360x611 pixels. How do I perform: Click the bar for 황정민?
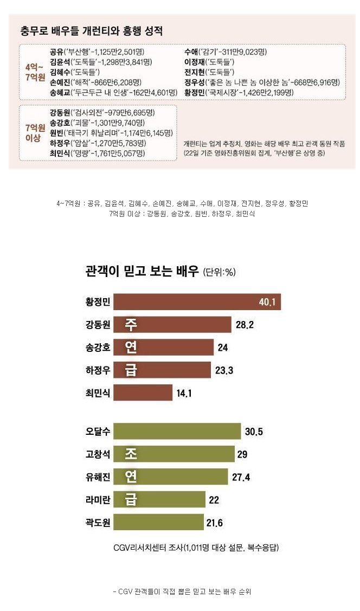coord(197,302)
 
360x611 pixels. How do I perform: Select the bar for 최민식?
coord(143,393)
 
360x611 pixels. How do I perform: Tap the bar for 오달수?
coord(177,432)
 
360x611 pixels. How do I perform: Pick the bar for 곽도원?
coord(158,523)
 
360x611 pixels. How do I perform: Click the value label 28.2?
coord(245,325)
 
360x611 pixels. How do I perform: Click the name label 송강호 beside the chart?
coord(98,348)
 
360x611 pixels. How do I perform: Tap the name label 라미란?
coord(98,500)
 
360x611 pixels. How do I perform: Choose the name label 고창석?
coord(98,454)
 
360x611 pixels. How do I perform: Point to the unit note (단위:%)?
coord(219,272)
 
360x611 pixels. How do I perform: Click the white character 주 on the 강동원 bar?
coord(131,325)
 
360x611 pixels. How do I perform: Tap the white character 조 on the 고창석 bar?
coord(131,454)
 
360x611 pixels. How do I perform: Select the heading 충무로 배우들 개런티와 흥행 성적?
coord(91,31)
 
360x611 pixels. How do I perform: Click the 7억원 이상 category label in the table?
coord(31,133)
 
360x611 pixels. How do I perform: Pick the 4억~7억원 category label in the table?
coord(31,72)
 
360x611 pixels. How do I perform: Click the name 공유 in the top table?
coord(56,52)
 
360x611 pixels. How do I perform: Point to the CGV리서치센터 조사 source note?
coord(196,548)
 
